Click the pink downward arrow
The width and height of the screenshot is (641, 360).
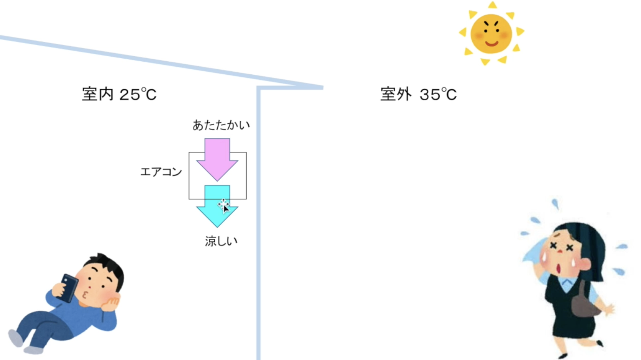[x=217, y=159]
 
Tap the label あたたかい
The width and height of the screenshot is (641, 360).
[x=221, y=125]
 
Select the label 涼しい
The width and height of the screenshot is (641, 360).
[x=221, y=241]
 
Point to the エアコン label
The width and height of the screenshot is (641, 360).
[x=161, y=172]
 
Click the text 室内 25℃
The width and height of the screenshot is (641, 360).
[x=119, y=94]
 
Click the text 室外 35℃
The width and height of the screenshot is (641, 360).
[x=418, y=94]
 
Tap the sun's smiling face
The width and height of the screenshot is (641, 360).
[x=491, y=34]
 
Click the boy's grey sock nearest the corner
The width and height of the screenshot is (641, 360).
[x=16, y=338]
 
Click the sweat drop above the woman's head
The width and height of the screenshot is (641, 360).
[x=555, y=204]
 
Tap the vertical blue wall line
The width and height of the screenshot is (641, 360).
[x=258, y=223]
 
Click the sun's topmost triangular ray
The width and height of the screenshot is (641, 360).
[x=493, y=5]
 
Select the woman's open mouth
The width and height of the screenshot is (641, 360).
[x=558, y=269]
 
